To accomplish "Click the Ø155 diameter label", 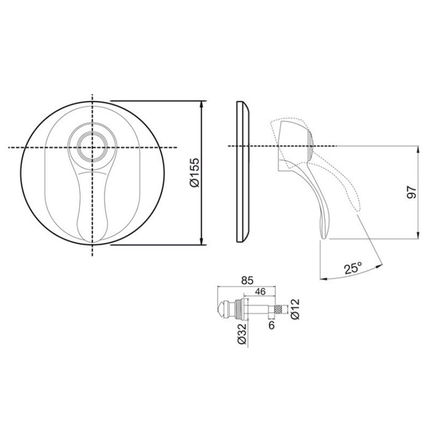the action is click(x=195, y=172).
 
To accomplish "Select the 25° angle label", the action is click(x=353, y=268).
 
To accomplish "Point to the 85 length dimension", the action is click(x=247, y=281).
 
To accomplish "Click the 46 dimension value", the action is click(x=260, y=291).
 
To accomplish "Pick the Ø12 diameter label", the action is click(x=295, y=309).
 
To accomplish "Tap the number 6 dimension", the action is click(x=272, y=325).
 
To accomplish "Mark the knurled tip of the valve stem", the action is click(x=278, y=309).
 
